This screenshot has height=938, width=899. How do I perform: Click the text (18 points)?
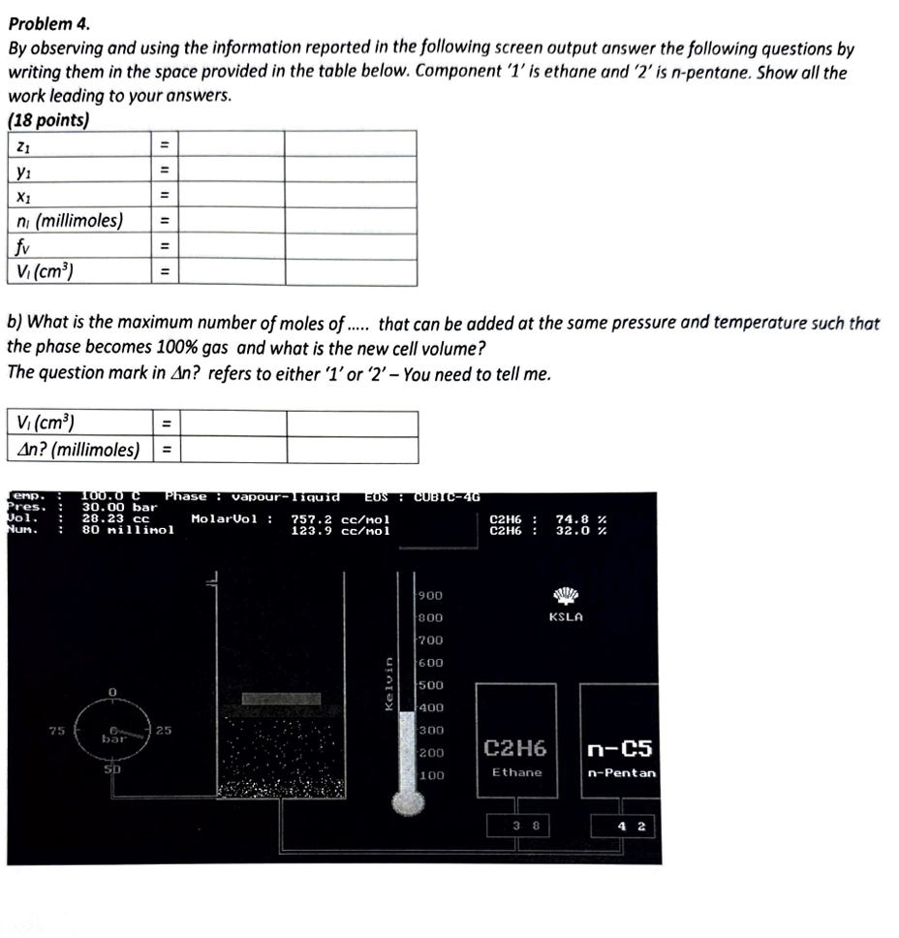click(47, 121)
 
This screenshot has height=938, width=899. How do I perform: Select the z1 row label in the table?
click(23, 144)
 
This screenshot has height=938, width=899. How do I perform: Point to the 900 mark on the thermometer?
click(431, 596)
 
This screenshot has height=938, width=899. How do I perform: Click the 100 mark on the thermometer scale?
click(431, 775)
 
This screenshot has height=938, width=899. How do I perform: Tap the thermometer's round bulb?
click(407, 800)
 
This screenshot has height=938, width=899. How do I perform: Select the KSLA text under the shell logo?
click(565, 616)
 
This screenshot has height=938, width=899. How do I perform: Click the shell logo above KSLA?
click(565, 594)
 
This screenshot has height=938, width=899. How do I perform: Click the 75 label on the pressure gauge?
click(57, 730)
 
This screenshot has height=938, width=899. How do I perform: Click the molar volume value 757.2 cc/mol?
click(340, 518)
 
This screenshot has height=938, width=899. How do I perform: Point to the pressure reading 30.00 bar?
click(119, 507)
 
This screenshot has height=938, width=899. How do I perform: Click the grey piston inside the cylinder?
click(280, 699)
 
